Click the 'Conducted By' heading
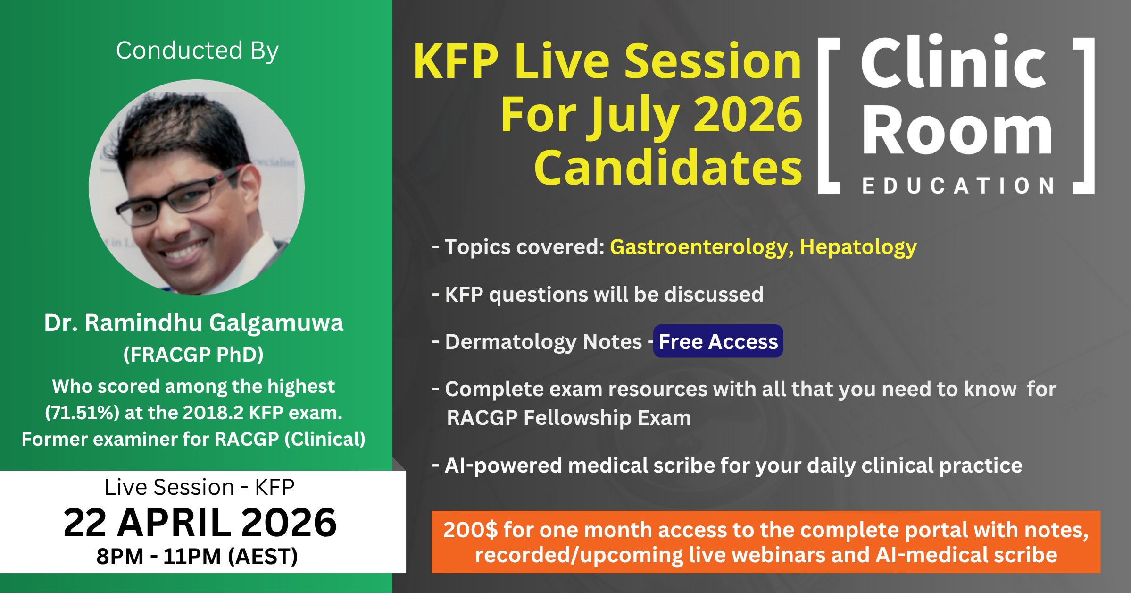tap(197, 51)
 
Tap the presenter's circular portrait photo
tap(197, 187)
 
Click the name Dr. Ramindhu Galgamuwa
tap(193, 323)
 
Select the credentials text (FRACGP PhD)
tap(193, 354)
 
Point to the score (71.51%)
tap(82, 413)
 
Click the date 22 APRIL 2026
tap(200, 523)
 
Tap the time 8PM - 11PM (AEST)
tap(197, 556)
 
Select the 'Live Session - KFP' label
tap(200, 487)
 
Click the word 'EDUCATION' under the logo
tap(958, 186)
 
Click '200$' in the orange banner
tap(470, 530)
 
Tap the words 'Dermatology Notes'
tap(543, 341)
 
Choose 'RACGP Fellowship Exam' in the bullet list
tap(569, 418)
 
